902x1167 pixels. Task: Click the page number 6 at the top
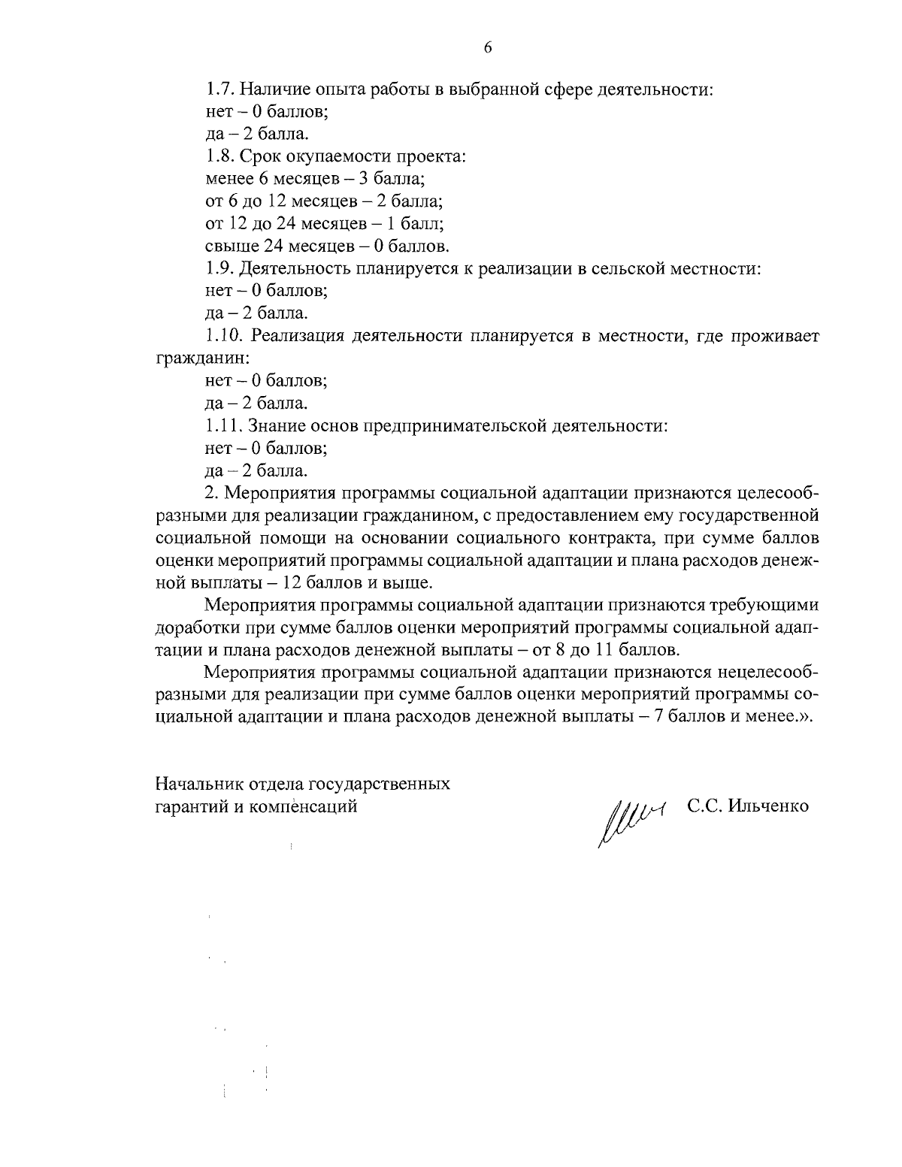point(487,47)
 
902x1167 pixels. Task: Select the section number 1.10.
point(223,336)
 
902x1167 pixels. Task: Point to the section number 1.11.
point(222,425)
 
